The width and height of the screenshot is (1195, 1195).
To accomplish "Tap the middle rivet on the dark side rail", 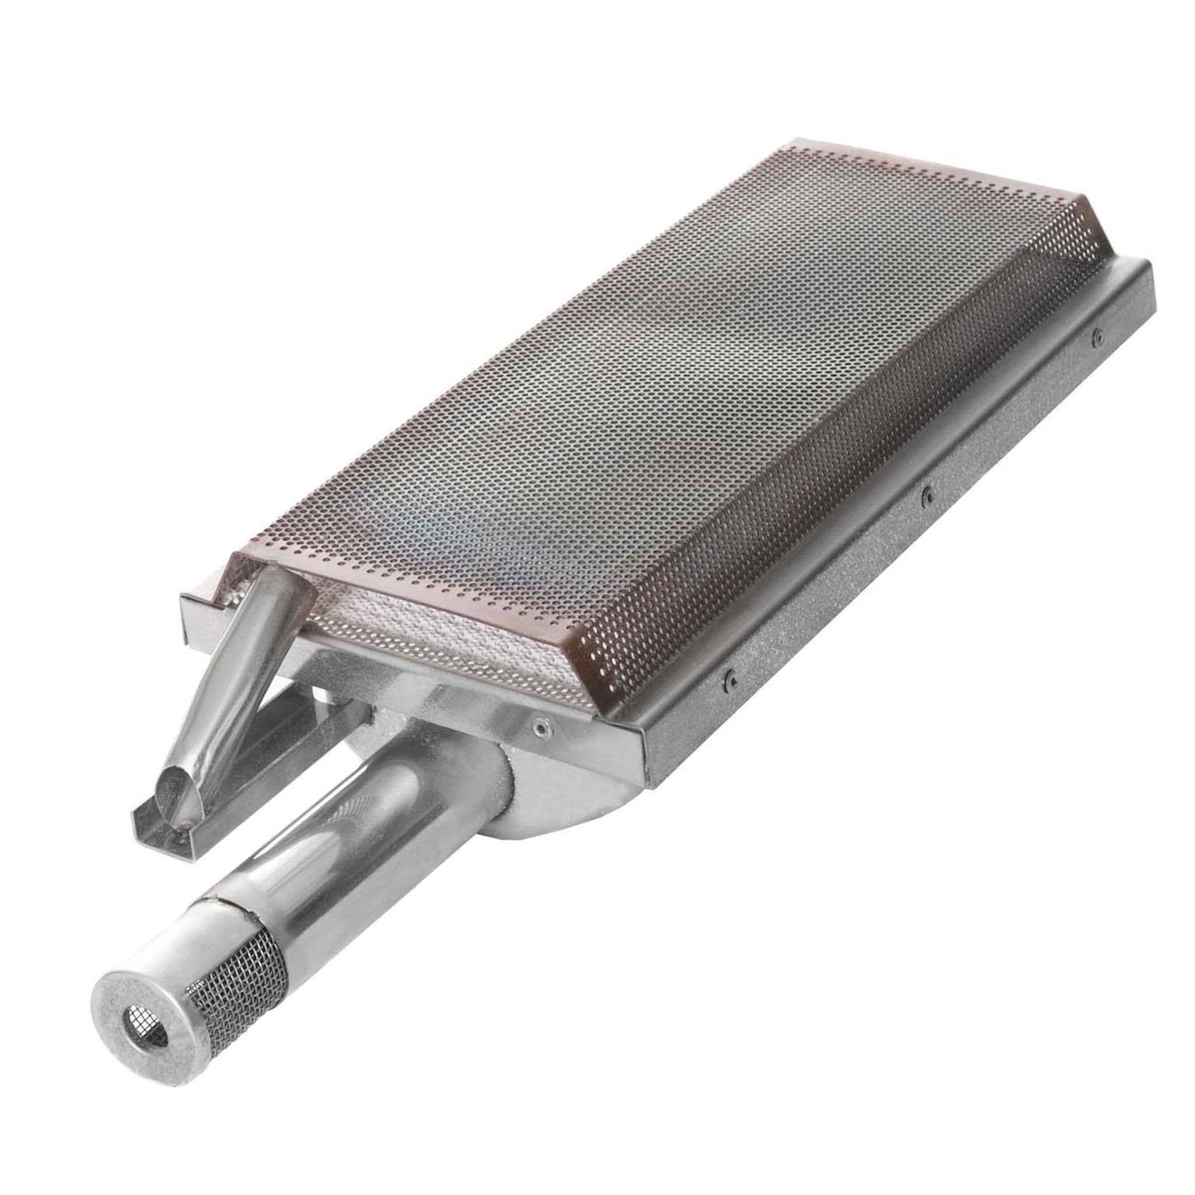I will pos(926,492).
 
